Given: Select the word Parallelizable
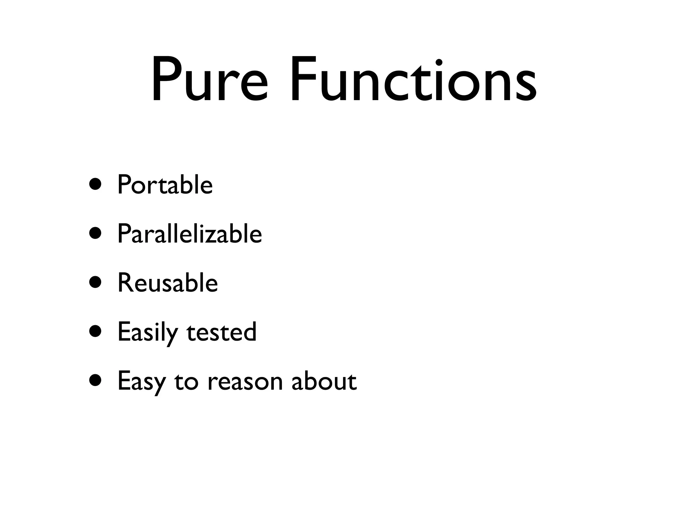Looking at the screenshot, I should [189, 234].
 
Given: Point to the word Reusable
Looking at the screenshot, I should [168, 283].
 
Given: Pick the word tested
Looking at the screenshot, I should [221, 332].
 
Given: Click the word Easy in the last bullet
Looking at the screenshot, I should [141, 382].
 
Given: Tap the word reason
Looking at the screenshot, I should [245, 382].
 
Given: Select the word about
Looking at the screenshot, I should [324, 381].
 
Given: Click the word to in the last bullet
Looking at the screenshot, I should [186, 382].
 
